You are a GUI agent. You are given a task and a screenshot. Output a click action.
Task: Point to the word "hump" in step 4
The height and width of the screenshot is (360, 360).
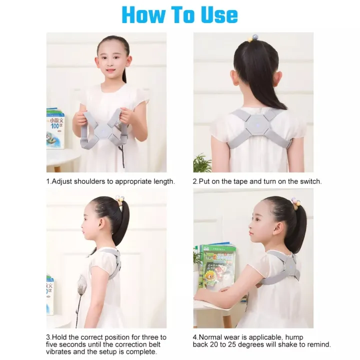[x=293, y=337]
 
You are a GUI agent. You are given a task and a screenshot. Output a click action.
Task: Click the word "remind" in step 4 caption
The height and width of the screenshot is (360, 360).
[x=318, y=344]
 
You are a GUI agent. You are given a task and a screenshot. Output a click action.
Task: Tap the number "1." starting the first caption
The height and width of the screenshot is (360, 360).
[x=48, y=181]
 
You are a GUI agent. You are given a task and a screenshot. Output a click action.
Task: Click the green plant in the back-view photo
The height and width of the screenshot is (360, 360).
[x=201, y=162]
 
